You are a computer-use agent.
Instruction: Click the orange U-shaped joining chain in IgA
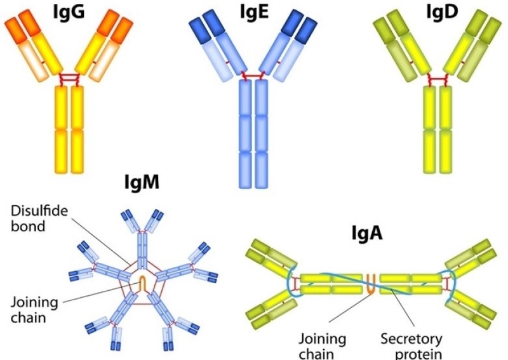pyautogui.click(x=372, y=283)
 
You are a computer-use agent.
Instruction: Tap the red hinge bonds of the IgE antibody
pyautogui.click(x=254, y=76)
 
